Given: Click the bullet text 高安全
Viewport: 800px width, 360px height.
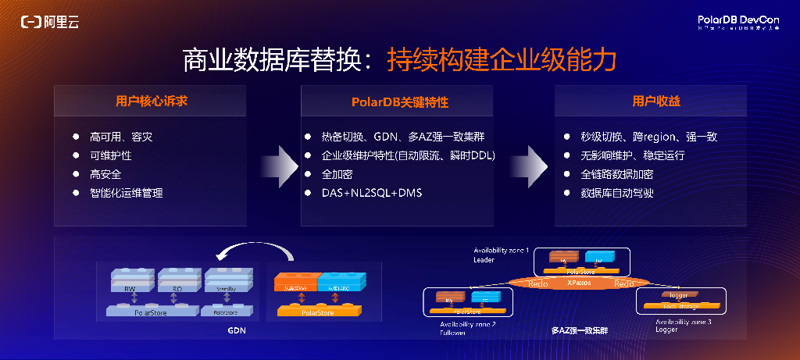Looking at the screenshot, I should [x=105, y=174].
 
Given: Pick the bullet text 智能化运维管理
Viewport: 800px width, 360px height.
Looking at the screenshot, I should [x=127, y=193].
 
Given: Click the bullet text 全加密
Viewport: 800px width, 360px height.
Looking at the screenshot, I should [x=337, y=174].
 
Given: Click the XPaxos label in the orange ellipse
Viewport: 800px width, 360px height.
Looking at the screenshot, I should [x=579, y=283].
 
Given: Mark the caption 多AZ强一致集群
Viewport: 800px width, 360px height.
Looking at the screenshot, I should [x=579, y=331].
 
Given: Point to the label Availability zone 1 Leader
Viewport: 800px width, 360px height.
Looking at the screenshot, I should [x=501, y=255].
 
